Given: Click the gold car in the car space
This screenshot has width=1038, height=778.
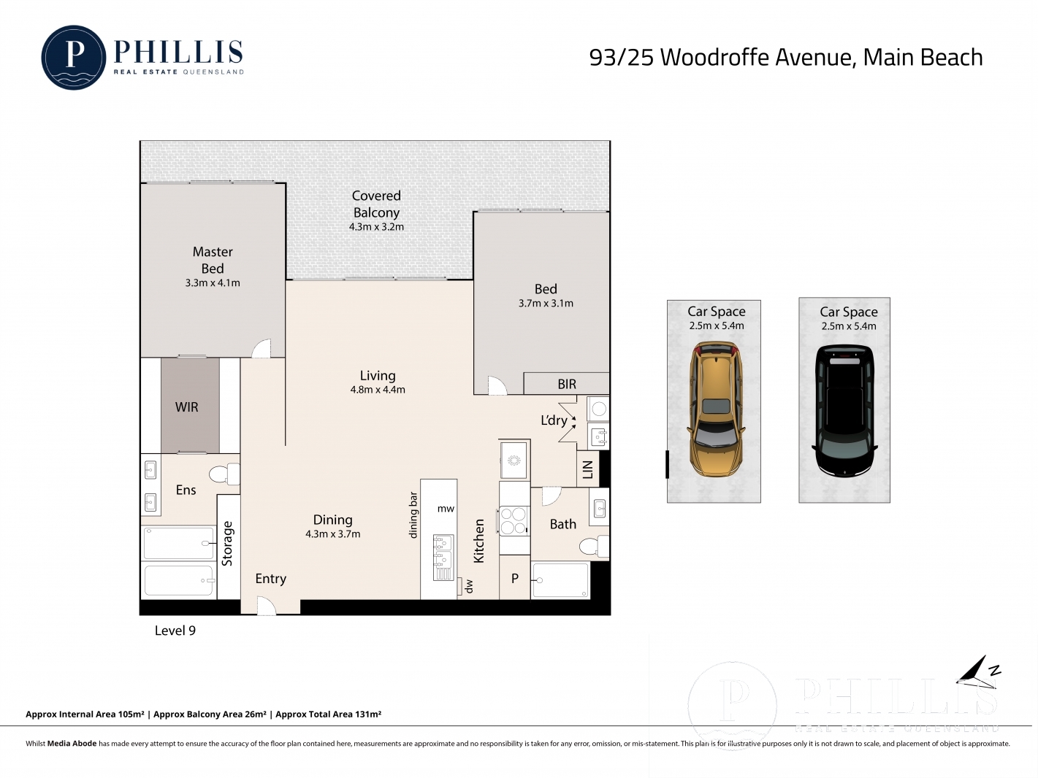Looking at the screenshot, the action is point(715,409).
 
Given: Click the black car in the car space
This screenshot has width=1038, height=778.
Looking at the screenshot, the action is point(844,411).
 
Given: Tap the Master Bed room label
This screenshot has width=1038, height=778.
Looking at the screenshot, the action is point(213,260).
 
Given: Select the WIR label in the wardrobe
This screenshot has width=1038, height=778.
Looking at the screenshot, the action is point(187,407).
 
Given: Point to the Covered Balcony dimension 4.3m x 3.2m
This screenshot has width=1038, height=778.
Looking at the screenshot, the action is point(376,227).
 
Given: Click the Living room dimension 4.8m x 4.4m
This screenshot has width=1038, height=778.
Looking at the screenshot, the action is point(378,390).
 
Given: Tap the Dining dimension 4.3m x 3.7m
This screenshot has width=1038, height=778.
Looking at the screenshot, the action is point(333,534).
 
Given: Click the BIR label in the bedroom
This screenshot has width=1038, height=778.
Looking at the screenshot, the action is point(567,384).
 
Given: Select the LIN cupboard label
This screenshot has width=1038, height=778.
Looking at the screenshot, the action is point(588,469).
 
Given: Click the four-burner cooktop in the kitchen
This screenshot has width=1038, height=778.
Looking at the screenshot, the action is point(513,520).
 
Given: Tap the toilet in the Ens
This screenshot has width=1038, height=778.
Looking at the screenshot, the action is point(225,474).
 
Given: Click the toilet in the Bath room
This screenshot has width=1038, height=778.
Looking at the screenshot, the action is point(594,546).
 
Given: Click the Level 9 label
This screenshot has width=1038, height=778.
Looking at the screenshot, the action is point(175,631).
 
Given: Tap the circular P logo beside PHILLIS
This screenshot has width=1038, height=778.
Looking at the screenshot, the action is point(73,57).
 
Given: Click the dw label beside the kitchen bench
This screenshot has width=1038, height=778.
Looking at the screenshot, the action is point(469,587).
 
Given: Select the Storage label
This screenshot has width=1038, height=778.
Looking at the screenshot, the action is point(227,543).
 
